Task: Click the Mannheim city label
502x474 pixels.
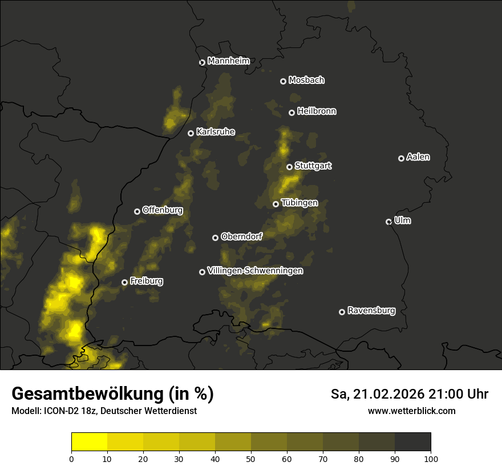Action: click(228, 61)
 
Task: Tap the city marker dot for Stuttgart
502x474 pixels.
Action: click(289, 167)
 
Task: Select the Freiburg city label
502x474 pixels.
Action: click(147, 281)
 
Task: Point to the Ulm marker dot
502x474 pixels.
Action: click(388, 222)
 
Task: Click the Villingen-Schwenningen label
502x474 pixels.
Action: click(255, 271)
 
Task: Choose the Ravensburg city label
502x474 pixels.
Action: click(371, 311)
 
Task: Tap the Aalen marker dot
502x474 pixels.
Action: click(401, 158)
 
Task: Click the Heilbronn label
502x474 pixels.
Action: click(317, 111)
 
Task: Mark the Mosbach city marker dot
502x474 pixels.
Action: click(283, 81)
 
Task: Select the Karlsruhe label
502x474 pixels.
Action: click(216, 132)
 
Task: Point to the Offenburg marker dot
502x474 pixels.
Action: click(137, 211)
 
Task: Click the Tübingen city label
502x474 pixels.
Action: click(299, 203)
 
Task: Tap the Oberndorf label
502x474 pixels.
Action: click(242, 236)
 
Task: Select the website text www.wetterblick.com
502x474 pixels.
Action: click(411, 411)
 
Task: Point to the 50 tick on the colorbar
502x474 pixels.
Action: click(251, 452)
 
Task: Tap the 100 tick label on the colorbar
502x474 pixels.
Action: click(431, 459)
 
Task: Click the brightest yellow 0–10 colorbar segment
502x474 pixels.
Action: click(89, 441)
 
